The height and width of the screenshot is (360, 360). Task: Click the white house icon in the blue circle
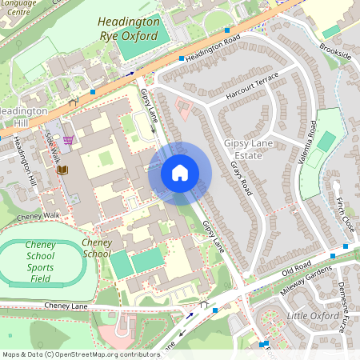pos(180,173)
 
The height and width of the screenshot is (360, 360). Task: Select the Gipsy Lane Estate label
pos(243,149)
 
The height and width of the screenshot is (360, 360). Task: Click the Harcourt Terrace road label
pos(252,82)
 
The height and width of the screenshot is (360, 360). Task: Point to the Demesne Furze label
pos(347,304)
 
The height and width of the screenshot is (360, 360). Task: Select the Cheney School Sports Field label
pos(40,263)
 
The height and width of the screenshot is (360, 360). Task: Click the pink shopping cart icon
pos(69,140)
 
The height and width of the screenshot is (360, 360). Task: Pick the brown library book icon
pos(62,170)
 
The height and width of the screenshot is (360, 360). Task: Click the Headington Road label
pos(211,50)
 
